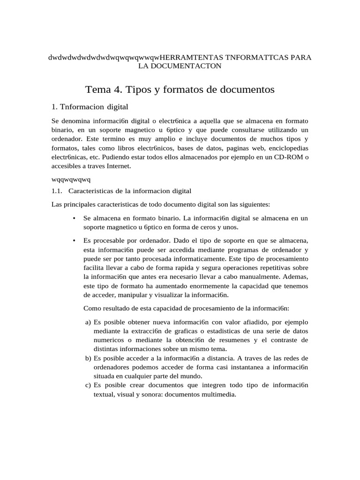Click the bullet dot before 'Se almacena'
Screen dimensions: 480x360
pyautogui.click(x=75, y=218)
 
